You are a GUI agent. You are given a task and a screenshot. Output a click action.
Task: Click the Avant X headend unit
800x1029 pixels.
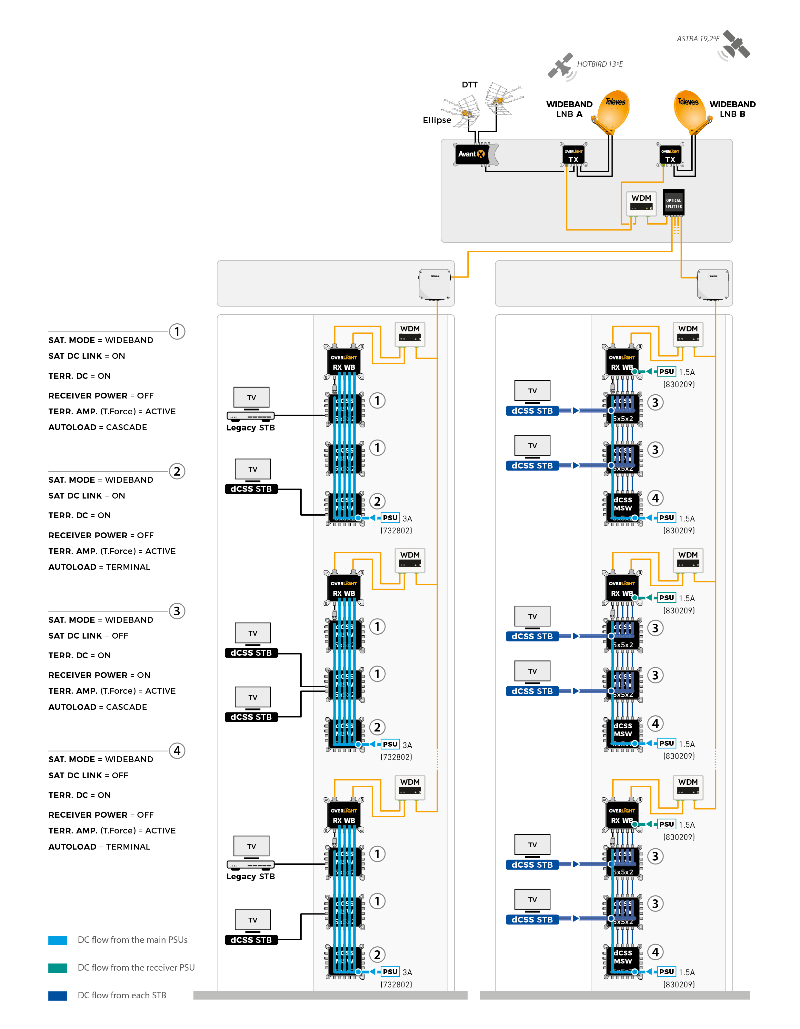tap(472, 154)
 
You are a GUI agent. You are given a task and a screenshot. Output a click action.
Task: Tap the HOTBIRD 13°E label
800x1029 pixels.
tap(600, 64)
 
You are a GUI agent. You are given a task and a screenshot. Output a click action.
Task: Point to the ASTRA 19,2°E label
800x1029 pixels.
tap(698, 39)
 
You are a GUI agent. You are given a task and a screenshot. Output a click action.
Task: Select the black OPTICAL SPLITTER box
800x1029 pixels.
tap(673, 203)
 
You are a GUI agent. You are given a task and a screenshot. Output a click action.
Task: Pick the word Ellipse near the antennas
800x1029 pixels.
tap(437, 120)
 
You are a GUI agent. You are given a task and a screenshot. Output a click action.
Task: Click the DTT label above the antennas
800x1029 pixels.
tap(470, 85)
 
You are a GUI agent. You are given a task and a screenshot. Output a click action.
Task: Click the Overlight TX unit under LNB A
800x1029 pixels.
tap(573, 155)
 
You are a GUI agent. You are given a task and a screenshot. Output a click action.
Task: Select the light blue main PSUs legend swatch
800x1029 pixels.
tap(57, 940)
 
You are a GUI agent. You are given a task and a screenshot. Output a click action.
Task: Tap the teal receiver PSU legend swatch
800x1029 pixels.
tap(57, 968)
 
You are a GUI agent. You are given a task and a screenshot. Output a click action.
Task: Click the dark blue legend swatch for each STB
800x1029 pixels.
tap(57, 995)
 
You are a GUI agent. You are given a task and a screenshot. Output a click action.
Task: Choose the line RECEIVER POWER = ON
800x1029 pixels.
tap(99, 675)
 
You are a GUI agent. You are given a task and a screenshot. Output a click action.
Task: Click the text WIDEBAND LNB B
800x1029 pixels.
tap(732, 109)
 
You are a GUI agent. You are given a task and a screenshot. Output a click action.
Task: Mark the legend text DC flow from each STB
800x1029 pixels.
tap(122, 995)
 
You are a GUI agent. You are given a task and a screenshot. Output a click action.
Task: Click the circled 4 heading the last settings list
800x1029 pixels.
tap(177, 751)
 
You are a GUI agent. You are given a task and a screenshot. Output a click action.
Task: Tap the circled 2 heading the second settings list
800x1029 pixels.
tap(177, 471)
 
